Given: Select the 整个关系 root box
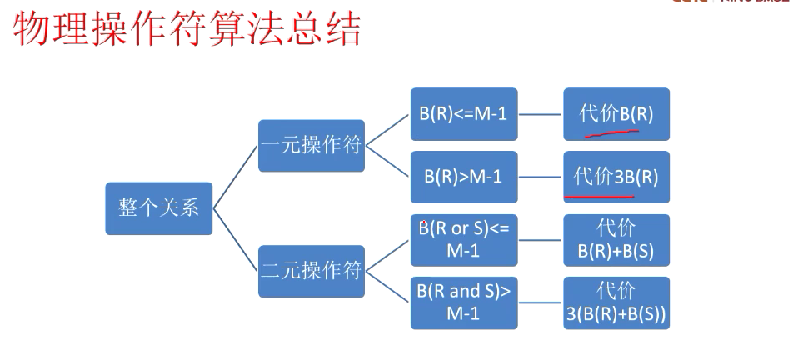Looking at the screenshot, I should (158, 207).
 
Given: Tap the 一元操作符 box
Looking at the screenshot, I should (311, 146).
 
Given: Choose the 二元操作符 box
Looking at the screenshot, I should (311, 271).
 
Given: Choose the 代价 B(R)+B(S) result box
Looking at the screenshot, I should (616, 239).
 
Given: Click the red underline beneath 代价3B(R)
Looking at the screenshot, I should (600, 197).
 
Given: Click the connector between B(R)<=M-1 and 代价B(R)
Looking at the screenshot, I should (540, 113).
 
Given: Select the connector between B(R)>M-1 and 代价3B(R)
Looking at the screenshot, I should (540, 177).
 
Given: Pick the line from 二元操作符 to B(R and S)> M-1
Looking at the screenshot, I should (387, 287).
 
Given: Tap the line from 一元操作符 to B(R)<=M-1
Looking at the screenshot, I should (387, 130).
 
